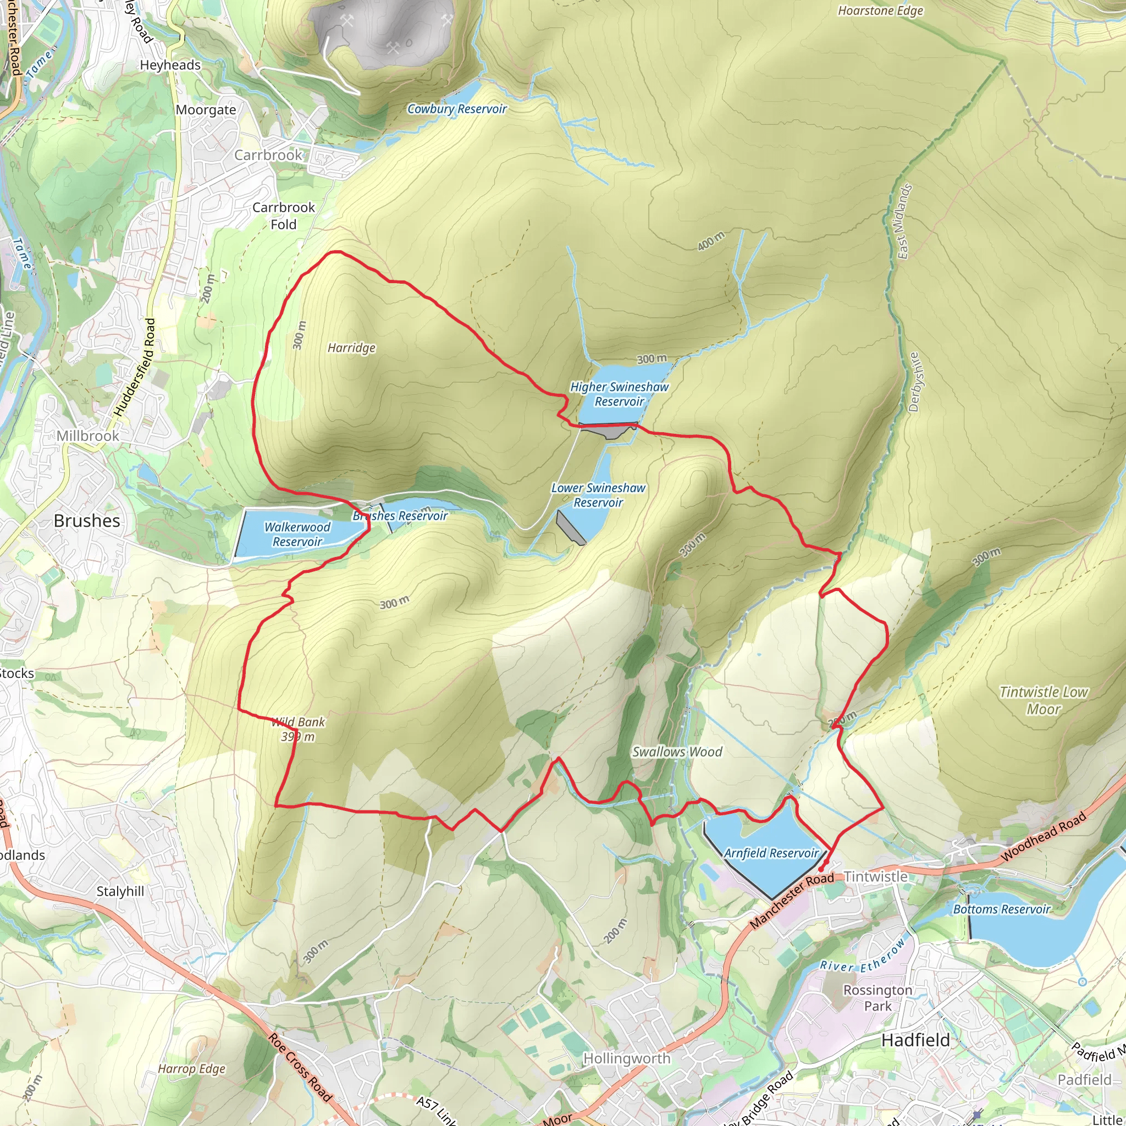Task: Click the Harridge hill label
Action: (x=351, y=348)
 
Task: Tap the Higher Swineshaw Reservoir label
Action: (x=619, y=394)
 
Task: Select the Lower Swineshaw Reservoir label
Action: (x=598, y=495)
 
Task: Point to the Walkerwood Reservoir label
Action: (x=297, y=534)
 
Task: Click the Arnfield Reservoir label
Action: (x=771, y=853)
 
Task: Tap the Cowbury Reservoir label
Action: (x=456, y=109)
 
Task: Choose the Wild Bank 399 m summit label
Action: (x=298, y=729)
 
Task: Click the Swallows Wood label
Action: (x=677, y=752)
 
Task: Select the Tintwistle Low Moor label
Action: (x=1043, y=700)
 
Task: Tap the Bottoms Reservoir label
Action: (x=1001, y=909)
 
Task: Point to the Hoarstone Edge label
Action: (x=880, y=10)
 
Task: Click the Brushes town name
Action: (x=87, y=521)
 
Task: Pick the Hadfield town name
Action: (x=915, y=1040)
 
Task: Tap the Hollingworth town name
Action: (x=627, y=1058)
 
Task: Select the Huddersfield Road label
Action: (x=135, y=367)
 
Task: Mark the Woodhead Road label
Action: (x=1043, y=837)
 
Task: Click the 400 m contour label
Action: (x=711, y=241)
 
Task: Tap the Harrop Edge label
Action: (x=191, y=1069)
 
